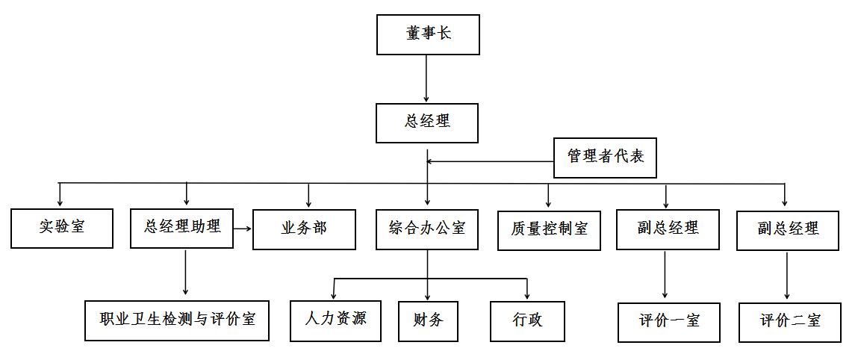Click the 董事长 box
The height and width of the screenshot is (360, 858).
[x=428, y=34]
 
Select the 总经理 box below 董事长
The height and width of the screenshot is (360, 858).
[x=427, y=122]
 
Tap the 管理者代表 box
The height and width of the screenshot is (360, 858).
[x=605, y=158]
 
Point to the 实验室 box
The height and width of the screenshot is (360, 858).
[x=62, y=228]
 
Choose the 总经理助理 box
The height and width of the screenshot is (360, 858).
[x=181, y=227]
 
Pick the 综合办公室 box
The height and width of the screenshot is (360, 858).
[x=427, y=229]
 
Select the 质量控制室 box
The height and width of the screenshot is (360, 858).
[x=549, y=229]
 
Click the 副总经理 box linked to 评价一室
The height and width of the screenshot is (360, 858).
[x=668, y=229]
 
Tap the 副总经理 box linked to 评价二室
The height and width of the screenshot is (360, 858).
[x=789, y=229]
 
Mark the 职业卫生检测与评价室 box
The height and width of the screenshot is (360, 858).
[x=177, y=320]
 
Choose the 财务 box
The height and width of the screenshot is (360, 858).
[x=428, y=320]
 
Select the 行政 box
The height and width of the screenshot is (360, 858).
[x=527, y=320]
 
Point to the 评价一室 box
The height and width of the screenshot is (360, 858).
[x=669, y=322]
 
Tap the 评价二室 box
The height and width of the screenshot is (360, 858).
[x=791, y=322]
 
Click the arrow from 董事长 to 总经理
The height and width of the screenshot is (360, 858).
[x=426, y=78]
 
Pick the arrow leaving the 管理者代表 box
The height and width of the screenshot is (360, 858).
[x=490, y=161]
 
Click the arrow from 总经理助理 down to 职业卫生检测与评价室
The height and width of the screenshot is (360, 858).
[x=185, y=273]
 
